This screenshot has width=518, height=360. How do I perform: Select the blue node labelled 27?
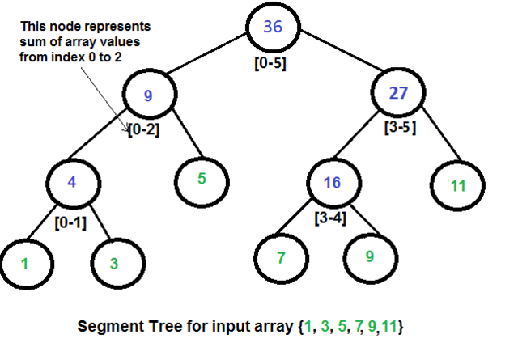point(397,94)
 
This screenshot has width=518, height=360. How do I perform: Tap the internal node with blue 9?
point(148,96)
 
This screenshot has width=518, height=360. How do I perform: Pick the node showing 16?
point(332,184)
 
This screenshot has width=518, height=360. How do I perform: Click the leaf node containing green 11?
point(458,184)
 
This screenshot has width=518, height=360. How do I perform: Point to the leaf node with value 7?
point(280,258)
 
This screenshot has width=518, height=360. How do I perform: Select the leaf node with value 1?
point(25,263)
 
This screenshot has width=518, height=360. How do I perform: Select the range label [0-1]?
point(70,219)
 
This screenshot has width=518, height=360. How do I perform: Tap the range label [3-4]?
point(330,217)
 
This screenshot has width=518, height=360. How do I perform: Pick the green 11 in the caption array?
point(388,329)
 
